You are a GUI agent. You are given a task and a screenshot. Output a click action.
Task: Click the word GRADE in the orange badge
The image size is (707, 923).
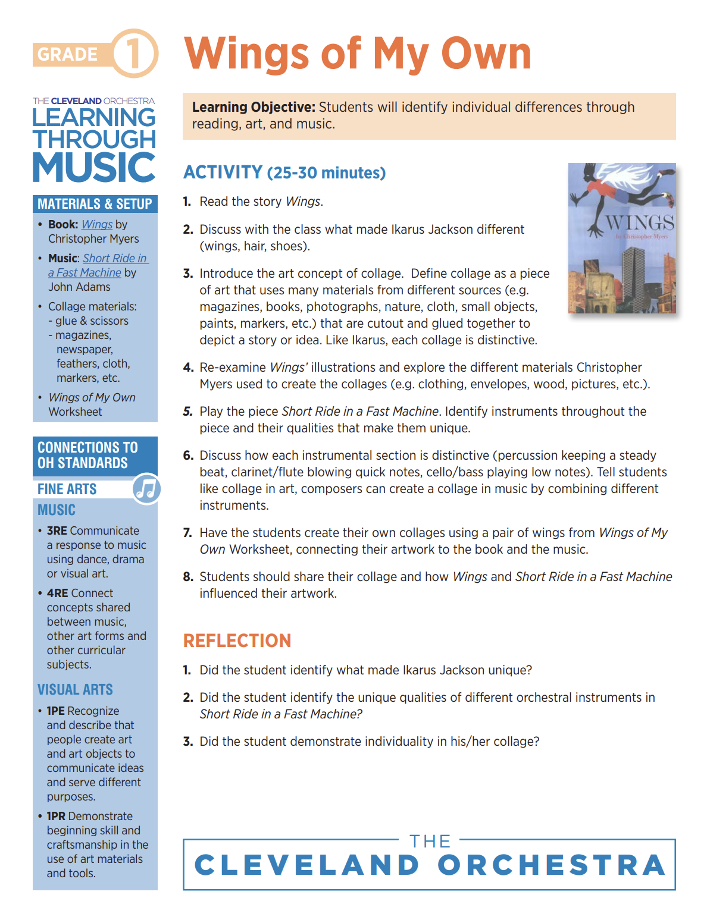(x=67, y=54)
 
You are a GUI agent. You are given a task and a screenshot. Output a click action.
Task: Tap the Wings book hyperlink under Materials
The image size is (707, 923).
(x=97, y=224)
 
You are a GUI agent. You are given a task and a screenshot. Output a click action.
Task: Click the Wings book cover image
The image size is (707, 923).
(x=621, y=238)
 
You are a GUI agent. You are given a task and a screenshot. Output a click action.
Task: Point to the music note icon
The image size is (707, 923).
(x=146, y=488)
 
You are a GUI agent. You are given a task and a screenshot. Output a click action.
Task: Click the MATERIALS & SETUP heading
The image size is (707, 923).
(x=95, y=204)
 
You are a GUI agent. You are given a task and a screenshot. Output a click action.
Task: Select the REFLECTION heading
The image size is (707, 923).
(x=237, y=641)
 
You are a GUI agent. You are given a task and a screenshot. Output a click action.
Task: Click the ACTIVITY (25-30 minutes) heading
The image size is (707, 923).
(x=284, y=172)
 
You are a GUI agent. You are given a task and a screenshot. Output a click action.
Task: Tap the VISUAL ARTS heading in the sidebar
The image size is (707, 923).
(x=75, y=689)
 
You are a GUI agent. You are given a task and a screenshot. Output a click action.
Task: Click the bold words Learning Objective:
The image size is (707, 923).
(x=254, y=107)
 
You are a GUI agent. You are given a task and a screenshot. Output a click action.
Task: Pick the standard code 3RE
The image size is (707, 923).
(x=57, y=530)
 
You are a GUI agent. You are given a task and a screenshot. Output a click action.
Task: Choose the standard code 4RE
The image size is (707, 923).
(x=57, y=593)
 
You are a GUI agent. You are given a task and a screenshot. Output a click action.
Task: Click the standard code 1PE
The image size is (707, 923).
(x=56, y=711)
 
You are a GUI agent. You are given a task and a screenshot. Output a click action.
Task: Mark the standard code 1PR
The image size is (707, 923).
(x=57, y=816)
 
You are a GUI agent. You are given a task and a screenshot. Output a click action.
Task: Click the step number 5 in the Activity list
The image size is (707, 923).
(x=188, y=412)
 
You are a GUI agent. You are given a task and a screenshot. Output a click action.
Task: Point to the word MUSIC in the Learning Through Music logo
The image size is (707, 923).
(x=94, y=168)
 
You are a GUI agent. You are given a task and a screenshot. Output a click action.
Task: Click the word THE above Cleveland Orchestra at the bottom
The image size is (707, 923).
(x=430, y=842)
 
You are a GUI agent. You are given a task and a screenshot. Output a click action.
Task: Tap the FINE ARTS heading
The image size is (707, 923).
(x=67, y=489)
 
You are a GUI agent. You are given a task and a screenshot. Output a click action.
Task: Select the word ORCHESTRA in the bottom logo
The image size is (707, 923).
(x=552, y=865)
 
